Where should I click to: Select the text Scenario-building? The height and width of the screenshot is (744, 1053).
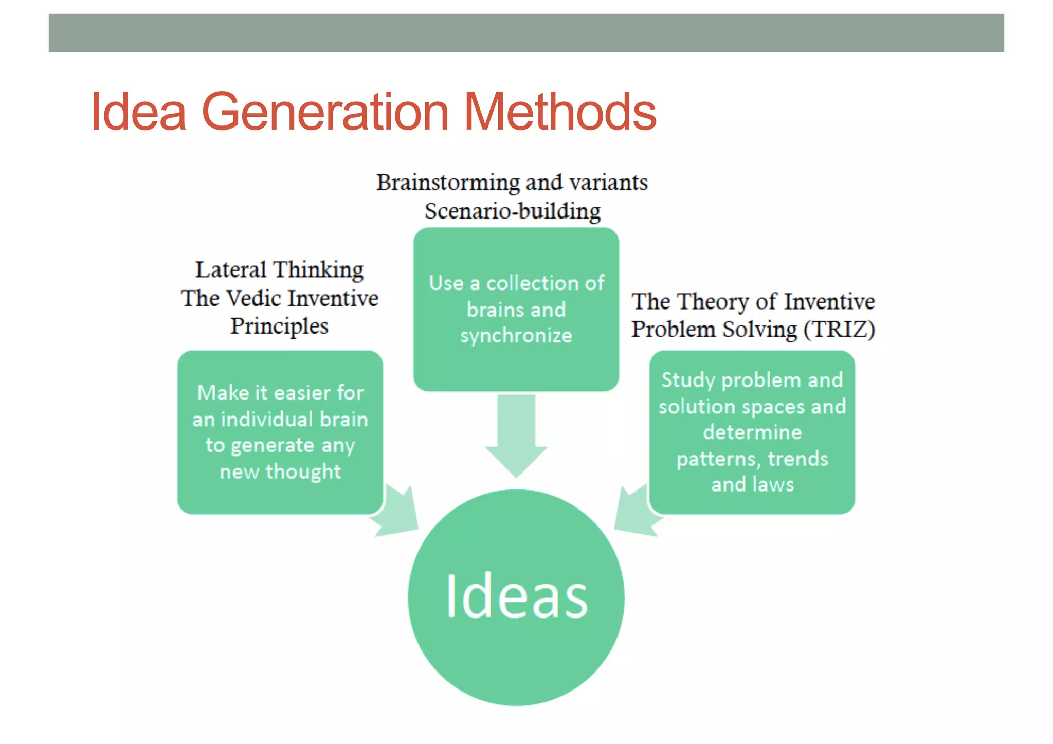(512, 211)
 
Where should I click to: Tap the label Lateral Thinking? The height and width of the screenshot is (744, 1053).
(279, 270)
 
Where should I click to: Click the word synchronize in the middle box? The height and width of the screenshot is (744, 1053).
(516, 336)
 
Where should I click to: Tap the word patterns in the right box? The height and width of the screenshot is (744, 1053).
(718, 459)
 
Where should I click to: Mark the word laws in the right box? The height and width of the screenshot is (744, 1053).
(773, 484)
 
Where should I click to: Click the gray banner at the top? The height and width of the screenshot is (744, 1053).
(526, 33)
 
